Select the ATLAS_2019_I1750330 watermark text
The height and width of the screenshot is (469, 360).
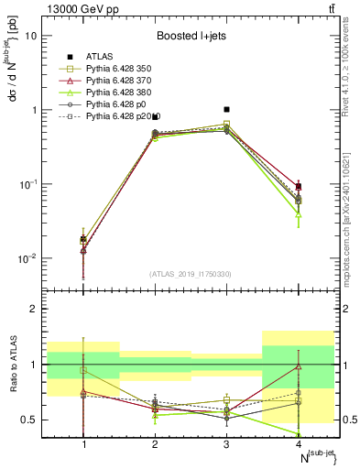coord(191,274)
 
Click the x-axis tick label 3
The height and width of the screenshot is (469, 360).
coord(226,444)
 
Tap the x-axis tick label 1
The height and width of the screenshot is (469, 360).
coord(84,444)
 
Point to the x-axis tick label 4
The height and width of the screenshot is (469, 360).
coord(297,444)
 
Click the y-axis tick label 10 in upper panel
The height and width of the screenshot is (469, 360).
coord(32,36)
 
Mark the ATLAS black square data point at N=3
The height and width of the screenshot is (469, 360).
coord(226,109)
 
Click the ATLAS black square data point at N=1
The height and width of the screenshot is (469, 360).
coord(84,239)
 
